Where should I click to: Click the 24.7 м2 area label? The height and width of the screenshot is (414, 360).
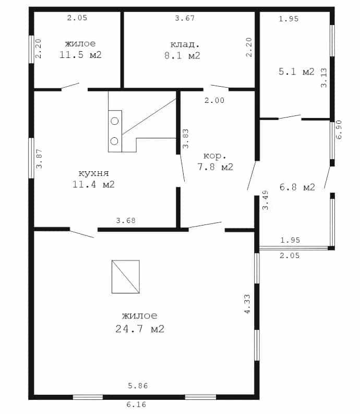tap(140, 329)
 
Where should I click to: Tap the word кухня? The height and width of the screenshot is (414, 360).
tap(94, 173)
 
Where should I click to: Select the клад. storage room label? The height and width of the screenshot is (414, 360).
tap(185, 44)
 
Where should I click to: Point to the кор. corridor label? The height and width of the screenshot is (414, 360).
tap(215, 156)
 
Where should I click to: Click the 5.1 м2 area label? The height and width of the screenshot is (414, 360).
tap(297, 72)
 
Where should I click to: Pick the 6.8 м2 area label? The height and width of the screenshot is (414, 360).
tap(297, 187)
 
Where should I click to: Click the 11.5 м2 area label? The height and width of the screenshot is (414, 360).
tap(80, 55)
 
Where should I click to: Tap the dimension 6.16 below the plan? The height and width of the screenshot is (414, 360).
tap(136, 404)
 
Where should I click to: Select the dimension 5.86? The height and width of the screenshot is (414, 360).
tap(138, 386)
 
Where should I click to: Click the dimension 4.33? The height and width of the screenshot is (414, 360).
tap(247, 304)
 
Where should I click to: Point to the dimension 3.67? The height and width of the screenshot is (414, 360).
tap(185, 18)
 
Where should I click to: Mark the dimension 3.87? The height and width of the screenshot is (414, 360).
tap(39, 159)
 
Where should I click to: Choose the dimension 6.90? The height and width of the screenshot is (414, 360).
tap(339, 129)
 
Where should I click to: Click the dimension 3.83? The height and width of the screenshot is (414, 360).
tap(186, 139)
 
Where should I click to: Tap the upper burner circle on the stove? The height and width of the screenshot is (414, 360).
tap(115, 121)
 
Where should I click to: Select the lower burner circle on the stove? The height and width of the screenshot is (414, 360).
tap(114, 141)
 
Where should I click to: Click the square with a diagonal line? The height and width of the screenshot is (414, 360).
tap(126, 277)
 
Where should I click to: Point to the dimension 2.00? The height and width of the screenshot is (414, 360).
tap(214, 100)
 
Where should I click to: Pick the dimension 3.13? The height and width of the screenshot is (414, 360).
tap(324, 78)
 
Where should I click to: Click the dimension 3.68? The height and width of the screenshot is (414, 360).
tap(126, 220)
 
